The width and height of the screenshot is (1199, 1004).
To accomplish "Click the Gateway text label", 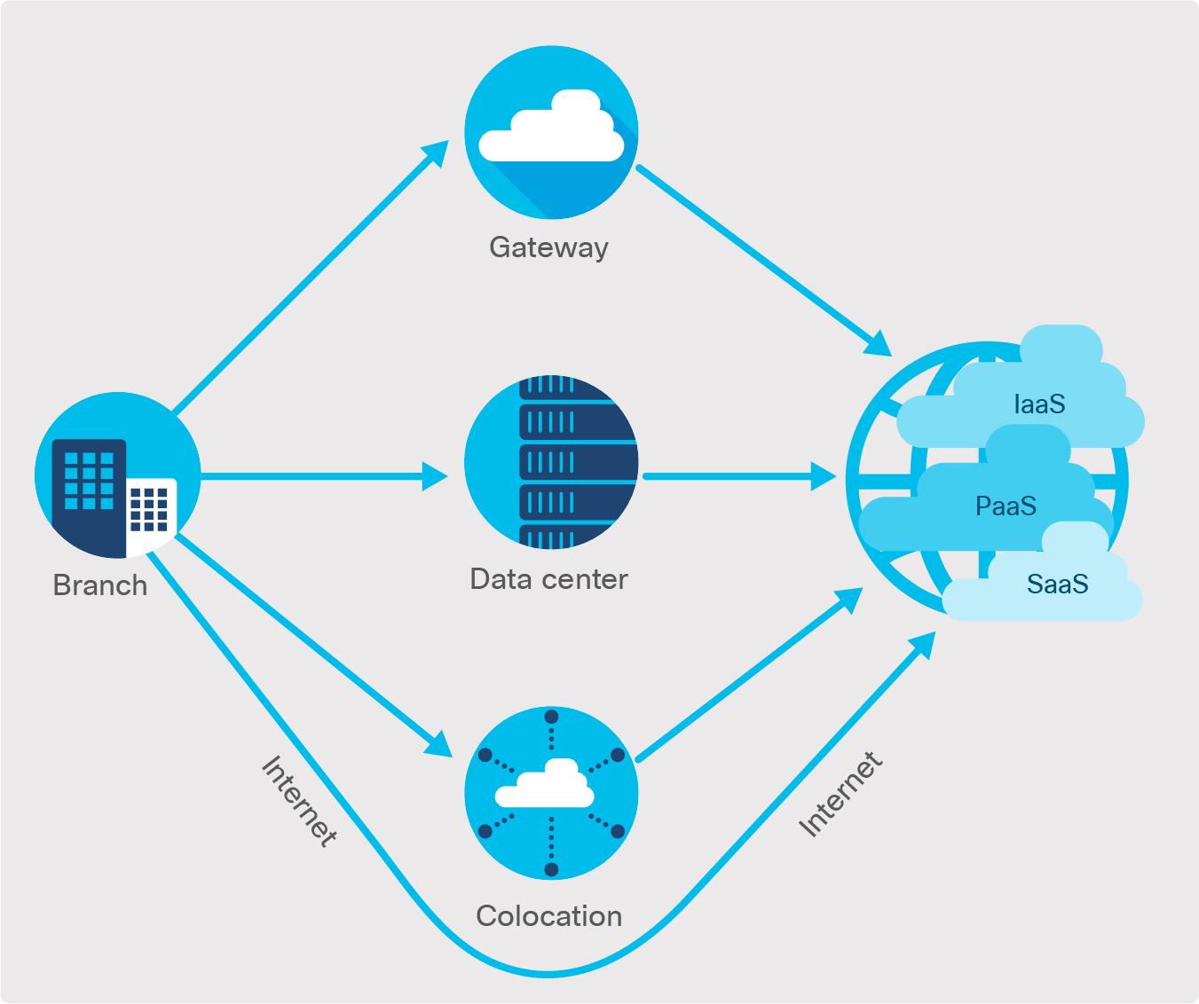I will [548, 247].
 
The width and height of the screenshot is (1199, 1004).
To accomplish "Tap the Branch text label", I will [99, 585].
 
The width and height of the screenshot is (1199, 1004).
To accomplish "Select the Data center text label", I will [548, 579].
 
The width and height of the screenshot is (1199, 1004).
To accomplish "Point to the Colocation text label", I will [548, 916].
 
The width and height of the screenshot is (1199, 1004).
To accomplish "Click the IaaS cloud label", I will [1038, 404].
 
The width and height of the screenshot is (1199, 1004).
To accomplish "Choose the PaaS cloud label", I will [1006, 506].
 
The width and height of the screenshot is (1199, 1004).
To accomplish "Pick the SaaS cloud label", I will [1056, 584].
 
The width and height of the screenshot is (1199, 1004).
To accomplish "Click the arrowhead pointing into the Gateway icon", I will [435, 153].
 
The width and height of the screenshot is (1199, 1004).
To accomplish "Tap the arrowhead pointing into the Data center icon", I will [436, 476].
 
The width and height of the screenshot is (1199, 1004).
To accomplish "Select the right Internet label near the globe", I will [840, 795].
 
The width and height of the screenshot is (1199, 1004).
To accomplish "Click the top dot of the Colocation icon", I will [551, 717].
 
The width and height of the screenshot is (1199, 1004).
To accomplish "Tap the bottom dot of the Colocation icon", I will [551, 869].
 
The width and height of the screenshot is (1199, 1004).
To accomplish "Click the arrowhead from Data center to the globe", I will [824, 476].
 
